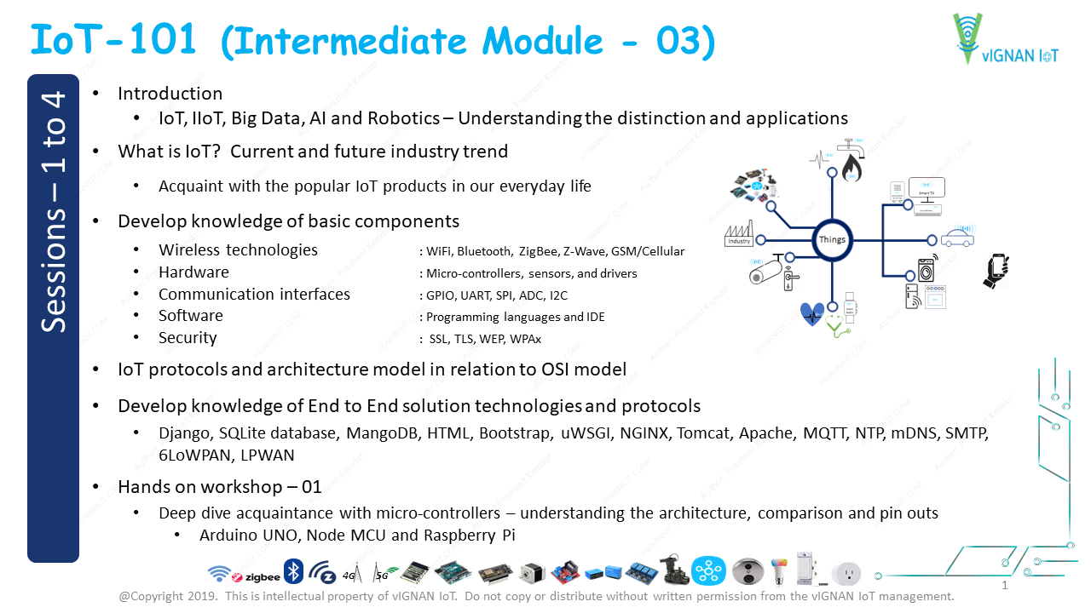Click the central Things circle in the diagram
832,239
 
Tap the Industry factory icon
738,235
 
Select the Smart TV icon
926,188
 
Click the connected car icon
958,238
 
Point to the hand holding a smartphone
996,271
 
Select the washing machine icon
926,271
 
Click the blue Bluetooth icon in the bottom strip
293,571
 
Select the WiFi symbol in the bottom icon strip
219,573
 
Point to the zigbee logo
257,576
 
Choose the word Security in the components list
188,338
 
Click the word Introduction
170,94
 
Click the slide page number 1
1005,586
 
